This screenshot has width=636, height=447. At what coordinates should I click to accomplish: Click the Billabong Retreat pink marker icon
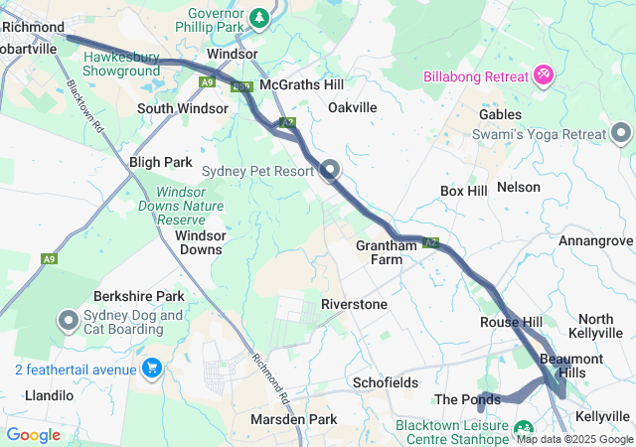tap(544, 74)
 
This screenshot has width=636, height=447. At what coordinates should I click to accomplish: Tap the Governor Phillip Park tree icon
tap(258, 18)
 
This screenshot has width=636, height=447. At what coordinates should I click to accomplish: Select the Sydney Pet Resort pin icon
tap(329, 170)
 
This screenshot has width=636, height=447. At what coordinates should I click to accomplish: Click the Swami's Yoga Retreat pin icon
tap(622, 133)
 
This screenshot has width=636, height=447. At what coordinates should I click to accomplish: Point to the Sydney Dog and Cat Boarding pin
tap(69, 321)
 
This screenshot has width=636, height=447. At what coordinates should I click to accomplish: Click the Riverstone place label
tap(354, 304)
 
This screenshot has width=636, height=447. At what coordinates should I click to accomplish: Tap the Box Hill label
tap(464, 191)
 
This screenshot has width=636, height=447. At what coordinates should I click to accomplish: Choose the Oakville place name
tap(353, 107)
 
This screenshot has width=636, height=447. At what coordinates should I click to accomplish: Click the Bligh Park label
tap(160, 161)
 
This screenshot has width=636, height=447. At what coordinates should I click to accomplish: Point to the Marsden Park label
tap(293, 419)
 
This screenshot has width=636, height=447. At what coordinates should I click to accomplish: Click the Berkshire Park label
tap(139, 296)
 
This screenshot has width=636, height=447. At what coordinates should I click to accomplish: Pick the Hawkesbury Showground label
tap(121, 64)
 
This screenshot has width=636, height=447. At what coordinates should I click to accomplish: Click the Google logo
tap(34, 434)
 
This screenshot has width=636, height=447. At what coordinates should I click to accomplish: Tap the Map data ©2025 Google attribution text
tap(573, 439)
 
